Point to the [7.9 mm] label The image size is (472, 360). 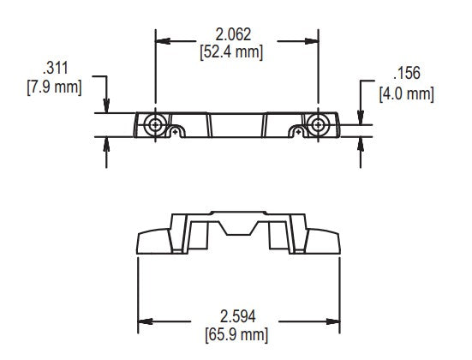pos(54,87)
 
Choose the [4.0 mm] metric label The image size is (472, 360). pos(406,91)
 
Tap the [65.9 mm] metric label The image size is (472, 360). pos(237,333)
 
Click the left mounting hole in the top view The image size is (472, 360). pos(155,124)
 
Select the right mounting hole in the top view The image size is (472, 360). pos(317,124)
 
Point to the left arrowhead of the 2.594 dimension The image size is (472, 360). pos(146,321)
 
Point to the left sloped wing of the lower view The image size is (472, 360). pos(154,242)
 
